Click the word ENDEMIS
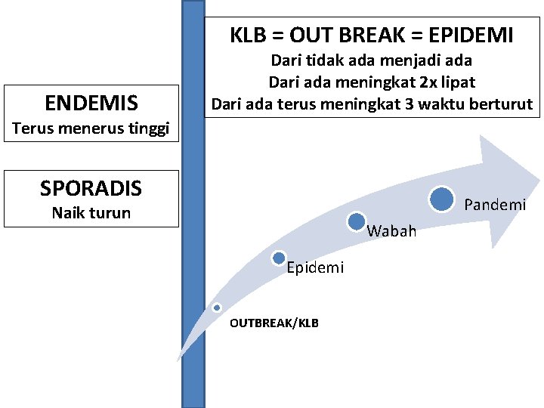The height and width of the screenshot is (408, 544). coord(91,102)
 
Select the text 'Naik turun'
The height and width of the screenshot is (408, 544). coord(91,213)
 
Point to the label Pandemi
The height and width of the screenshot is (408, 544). coord(495,205)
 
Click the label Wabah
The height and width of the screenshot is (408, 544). coord(391,231)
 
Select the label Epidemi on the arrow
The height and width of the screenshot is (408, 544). coord(315,267)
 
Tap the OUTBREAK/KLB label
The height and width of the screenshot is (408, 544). coord(274,323)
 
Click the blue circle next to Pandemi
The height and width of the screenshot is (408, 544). coord(442,199)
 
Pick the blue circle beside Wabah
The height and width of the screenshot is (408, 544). coord(357,221)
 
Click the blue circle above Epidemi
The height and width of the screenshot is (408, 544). coord(278,258)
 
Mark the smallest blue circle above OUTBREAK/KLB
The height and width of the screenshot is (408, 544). coord(217,308)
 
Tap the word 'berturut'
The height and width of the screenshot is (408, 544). coord(502,103)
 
